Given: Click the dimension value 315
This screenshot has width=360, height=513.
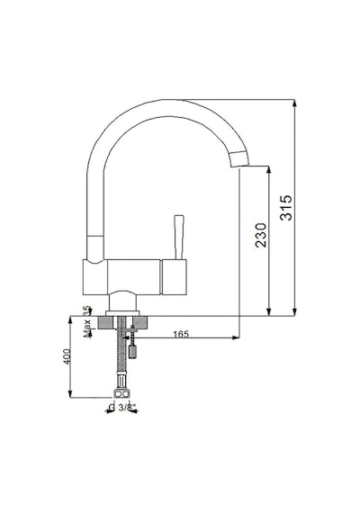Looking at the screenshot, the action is [286, 208].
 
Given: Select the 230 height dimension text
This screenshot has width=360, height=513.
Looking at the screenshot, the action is [261, 235].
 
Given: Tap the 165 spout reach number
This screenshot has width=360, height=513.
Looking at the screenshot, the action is [181, 334].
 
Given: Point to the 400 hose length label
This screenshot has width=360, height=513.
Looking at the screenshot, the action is [67, 356].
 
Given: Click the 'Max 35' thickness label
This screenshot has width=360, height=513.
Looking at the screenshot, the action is [86, 321].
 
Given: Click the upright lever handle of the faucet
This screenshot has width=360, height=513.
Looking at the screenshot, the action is [179, 238].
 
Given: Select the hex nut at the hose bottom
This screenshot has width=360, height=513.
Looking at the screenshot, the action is [121, 393].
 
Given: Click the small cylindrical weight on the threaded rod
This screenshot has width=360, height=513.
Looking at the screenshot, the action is [132, 352].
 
